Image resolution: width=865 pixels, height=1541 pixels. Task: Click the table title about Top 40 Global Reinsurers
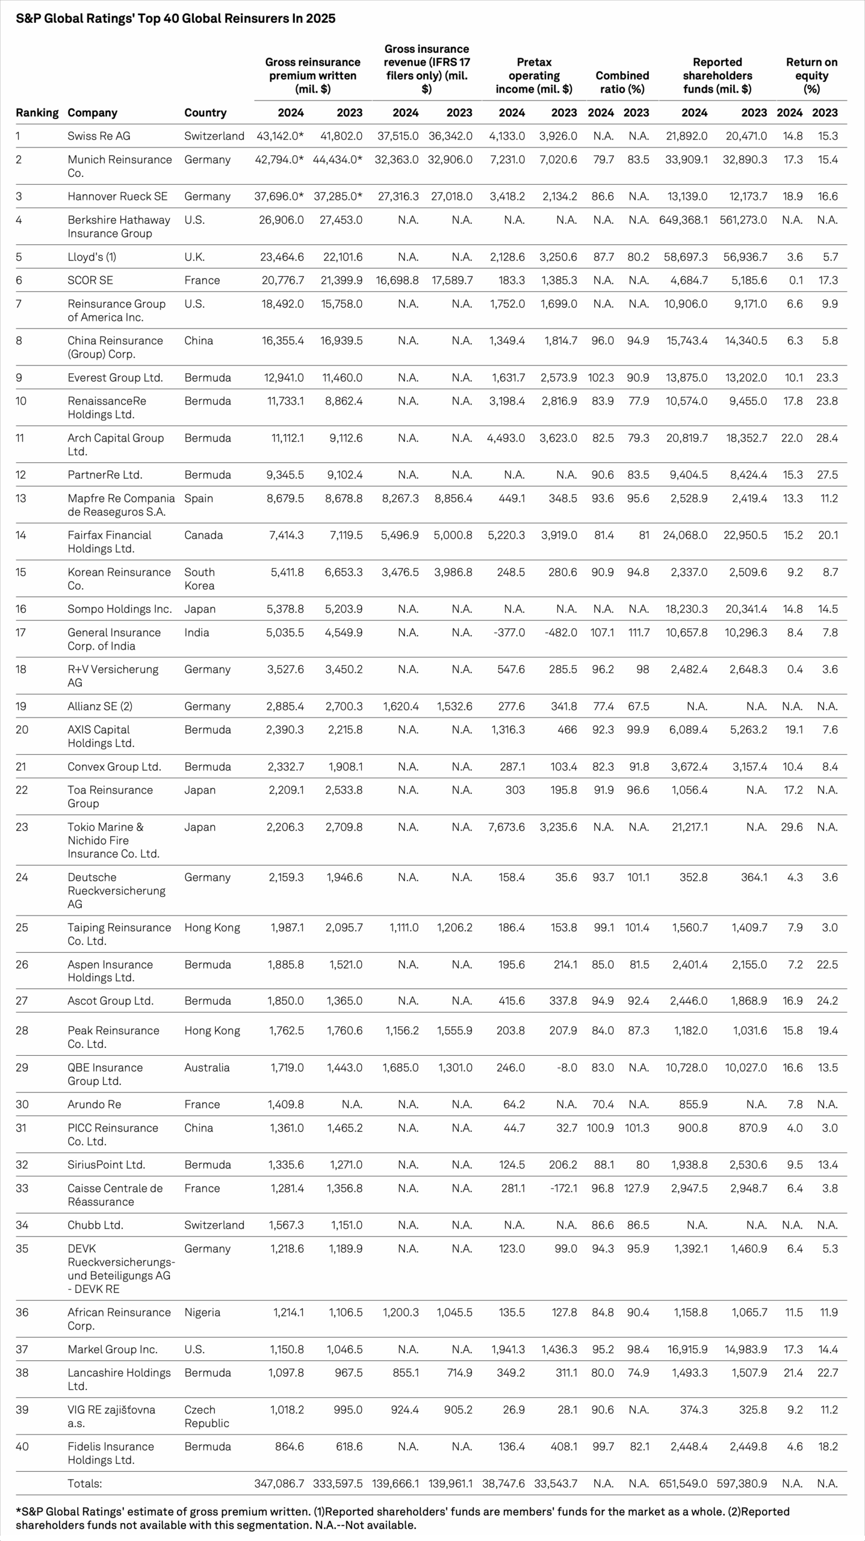(175, 19)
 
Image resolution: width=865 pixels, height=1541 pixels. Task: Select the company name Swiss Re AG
(99, 136)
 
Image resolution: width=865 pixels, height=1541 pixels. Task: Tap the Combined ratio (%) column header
(622, 82)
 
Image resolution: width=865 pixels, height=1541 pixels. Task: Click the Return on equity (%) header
(811, 75)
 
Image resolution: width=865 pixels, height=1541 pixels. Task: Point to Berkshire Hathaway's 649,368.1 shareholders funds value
(683, 220)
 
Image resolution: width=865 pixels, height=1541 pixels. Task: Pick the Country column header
(205, 113)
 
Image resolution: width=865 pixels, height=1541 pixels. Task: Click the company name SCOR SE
(90, 281)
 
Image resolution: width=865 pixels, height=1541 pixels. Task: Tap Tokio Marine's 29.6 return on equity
(792, 827)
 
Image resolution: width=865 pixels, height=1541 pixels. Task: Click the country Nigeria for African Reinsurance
(202, 1312)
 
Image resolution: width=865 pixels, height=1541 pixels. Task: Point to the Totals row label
(84, 1483)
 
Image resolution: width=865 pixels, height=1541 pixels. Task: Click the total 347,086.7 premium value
(279, 1483)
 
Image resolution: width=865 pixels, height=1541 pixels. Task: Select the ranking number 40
(22, 1446)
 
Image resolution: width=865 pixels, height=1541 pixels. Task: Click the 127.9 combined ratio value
(637, 1188)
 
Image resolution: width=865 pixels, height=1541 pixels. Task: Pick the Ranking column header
(37, 113)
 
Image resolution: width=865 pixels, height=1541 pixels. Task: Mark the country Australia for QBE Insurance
(207, 1068)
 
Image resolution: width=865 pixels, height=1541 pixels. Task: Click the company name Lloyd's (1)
(91, 257)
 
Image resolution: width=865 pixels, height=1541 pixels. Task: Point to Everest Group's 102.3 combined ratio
(601, 377)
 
